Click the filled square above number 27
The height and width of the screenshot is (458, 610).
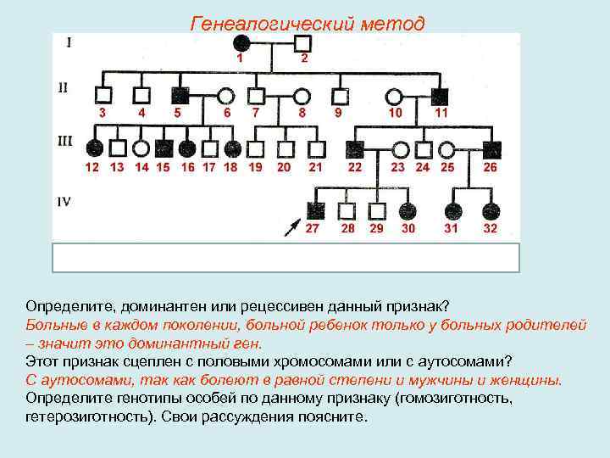[315, 210]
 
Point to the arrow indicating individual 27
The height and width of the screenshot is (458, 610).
[292, 226]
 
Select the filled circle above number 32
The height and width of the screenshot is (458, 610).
[489, 210]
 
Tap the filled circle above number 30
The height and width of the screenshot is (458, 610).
[408, 210]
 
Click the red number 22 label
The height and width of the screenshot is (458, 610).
[355, 167]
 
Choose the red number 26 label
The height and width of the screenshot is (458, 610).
[490, 167]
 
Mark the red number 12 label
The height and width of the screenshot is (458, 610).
[91, 167]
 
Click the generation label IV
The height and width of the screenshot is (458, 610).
[64, 201]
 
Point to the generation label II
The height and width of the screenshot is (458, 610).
[64, 86]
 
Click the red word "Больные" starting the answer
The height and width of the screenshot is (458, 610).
[58, 327]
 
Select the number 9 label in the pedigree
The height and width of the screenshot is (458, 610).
[338, 112]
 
